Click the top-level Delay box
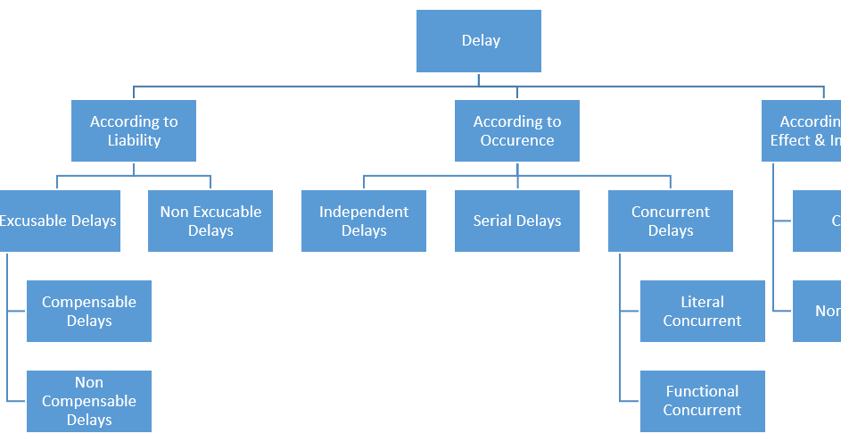click(x=479, y=41)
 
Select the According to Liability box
click(x=134, y=131)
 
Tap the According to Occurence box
click(x=517, y=131)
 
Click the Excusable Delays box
click(x=59, y=221)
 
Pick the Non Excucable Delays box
click(x=210, y=221)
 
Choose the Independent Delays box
click(x=364, y=221)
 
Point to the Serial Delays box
click(x=517, y=221)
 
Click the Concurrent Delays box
click(x=671, y=221)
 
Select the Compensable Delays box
click(x=89, y=311)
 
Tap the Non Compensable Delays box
click(x=89, y=401)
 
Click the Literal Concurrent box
click(x=703, y=311)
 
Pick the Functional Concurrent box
click(x=703, y=401)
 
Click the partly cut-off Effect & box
click(x=802, y=131)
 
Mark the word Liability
click(x=134, y=141)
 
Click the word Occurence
click(x=517, y=141)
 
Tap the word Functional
click(x=703, y=391)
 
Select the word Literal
click(x=703, y=302)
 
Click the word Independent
click(x=364, y=212)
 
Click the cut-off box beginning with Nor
click(x=817, y=311)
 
